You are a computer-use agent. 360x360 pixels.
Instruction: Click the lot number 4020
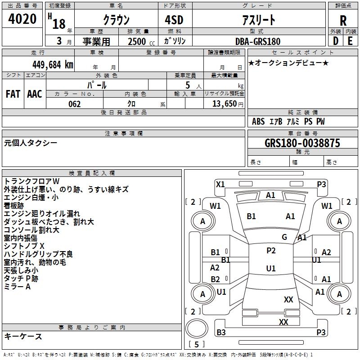click(x=22, y=19)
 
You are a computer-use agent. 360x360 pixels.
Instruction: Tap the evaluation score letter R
click(x=343, y=20)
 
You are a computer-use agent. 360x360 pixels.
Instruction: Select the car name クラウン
click(x=116, y=20)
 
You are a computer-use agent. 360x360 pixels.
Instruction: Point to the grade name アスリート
click(x=259, y=20)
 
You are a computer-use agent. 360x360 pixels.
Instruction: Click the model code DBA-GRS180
click(x=257, y=41)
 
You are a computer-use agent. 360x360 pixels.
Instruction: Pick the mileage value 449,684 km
click(x=52, y=64)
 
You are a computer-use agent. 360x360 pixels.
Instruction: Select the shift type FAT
click(x=13, y=94)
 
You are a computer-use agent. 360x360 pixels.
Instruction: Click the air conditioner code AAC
click(x=34, y=94)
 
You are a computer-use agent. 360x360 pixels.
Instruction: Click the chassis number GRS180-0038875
click(x=302, y=143)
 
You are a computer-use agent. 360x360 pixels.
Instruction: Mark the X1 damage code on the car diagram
click(x=220, y=184)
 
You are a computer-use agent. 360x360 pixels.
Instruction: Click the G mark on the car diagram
click(x=284, y=237)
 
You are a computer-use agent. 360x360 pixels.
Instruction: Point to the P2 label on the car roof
click(x=271, y=251)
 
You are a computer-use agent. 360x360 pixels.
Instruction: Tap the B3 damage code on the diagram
click(x=221, y=332)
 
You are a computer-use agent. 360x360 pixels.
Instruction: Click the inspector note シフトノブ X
click(x=24, y=246)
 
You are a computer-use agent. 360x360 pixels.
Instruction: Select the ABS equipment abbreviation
click(x=258, y=121)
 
